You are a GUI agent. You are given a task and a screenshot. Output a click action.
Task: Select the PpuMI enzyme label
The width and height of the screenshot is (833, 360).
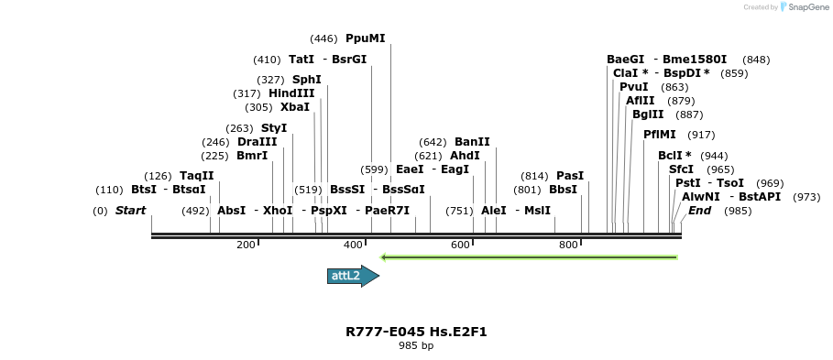366,38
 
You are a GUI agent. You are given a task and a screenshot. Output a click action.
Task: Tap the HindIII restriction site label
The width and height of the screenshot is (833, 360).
291,93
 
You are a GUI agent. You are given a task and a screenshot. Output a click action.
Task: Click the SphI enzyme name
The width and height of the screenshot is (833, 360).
306,80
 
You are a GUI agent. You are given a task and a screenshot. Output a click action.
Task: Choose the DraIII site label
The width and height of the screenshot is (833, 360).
257,142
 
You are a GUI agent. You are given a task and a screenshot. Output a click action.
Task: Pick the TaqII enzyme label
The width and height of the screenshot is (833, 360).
196,176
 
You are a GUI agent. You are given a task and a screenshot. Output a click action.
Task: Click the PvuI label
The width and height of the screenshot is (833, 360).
634,87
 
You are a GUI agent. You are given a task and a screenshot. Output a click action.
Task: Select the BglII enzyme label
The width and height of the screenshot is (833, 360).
648,115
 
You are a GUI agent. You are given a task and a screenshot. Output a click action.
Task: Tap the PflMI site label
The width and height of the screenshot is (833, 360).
660,135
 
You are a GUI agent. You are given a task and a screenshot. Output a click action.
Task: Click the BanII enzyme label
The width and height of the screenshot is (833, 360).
472,142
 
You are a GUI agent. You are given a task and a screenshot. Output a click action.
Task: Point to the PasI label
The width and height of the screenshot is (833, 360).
570,176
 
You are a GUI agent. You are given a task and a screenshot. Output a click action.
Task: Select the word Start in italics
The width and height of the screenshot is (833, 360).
130,211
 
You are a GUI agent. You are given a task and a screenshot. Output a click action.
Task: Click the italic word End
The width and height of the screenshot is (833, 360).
700,211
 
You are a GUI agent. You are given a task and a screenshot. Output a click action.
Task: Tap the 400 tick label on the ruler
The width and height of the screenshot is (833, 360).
353,245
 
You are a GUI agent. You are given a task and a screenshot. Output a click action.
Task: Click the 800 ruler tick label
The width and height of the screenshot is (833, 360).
568,245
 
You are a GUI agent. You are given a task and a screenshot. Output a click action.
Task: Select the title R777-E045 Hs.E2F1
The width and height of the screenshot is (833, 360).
416,332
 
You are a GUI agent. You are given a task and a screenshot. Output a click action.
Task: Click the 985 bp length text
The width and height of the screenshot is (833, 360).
416,346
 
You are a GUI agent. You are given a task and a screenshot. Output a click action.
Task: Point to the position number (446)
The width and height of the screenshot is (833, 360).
324,38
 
